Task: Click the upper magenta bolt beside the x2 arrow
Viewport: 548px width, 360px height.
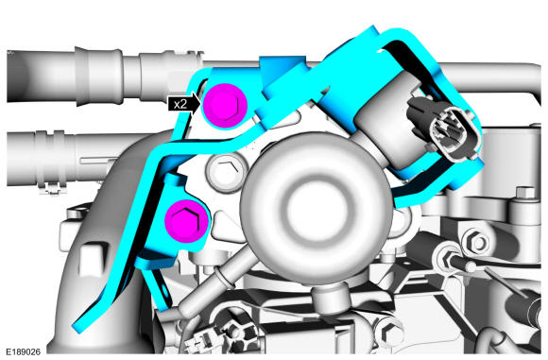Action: click(226, 105)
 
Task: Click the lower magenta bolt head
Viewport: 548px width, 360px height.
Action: click(187, 221)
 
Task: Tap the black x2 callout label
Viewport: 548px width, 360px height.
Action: click(181, 104)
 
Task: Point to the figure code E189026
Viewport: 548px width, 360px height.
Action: click(23, 351)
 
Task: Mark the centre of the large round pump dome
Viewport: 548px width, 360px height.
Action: click(317, 208)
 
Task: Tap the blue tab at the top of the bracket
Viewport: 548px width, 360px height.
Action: click(282, 73)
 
